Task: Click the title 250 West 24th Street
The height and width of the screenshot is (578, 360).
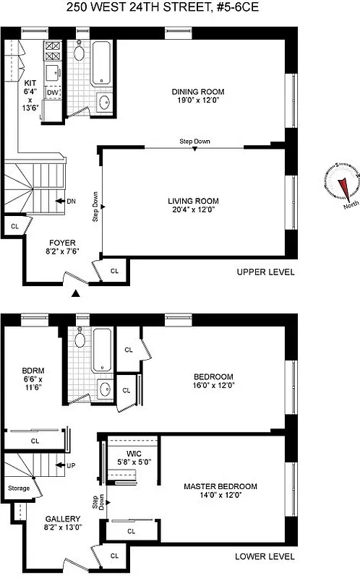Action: tap(180, 9)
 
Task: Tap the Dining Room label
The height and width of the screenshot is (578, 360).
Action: tap(197, 92)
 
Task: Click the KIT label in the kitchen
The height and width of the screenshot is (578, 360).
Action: tap(30, 83)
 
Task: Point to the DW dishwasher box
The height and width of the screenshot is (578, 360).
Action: tap(52, 92)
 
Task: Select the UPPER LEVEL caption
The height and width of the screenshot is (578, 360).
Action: tap(266, 272)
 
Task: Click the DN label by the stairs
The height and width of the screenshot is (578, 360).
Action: tap(71, 201)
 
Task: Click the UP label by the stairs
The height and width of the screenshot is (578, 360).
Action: tap(71, 465)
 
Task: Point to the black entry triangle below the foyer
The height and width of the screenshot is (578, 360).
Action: tap(75, 293)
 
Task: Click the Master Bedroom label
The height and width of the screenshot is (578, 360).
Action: tap(220, 486)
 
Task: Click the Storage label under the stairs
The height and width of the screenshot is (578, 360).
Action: tap(19, 488)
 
